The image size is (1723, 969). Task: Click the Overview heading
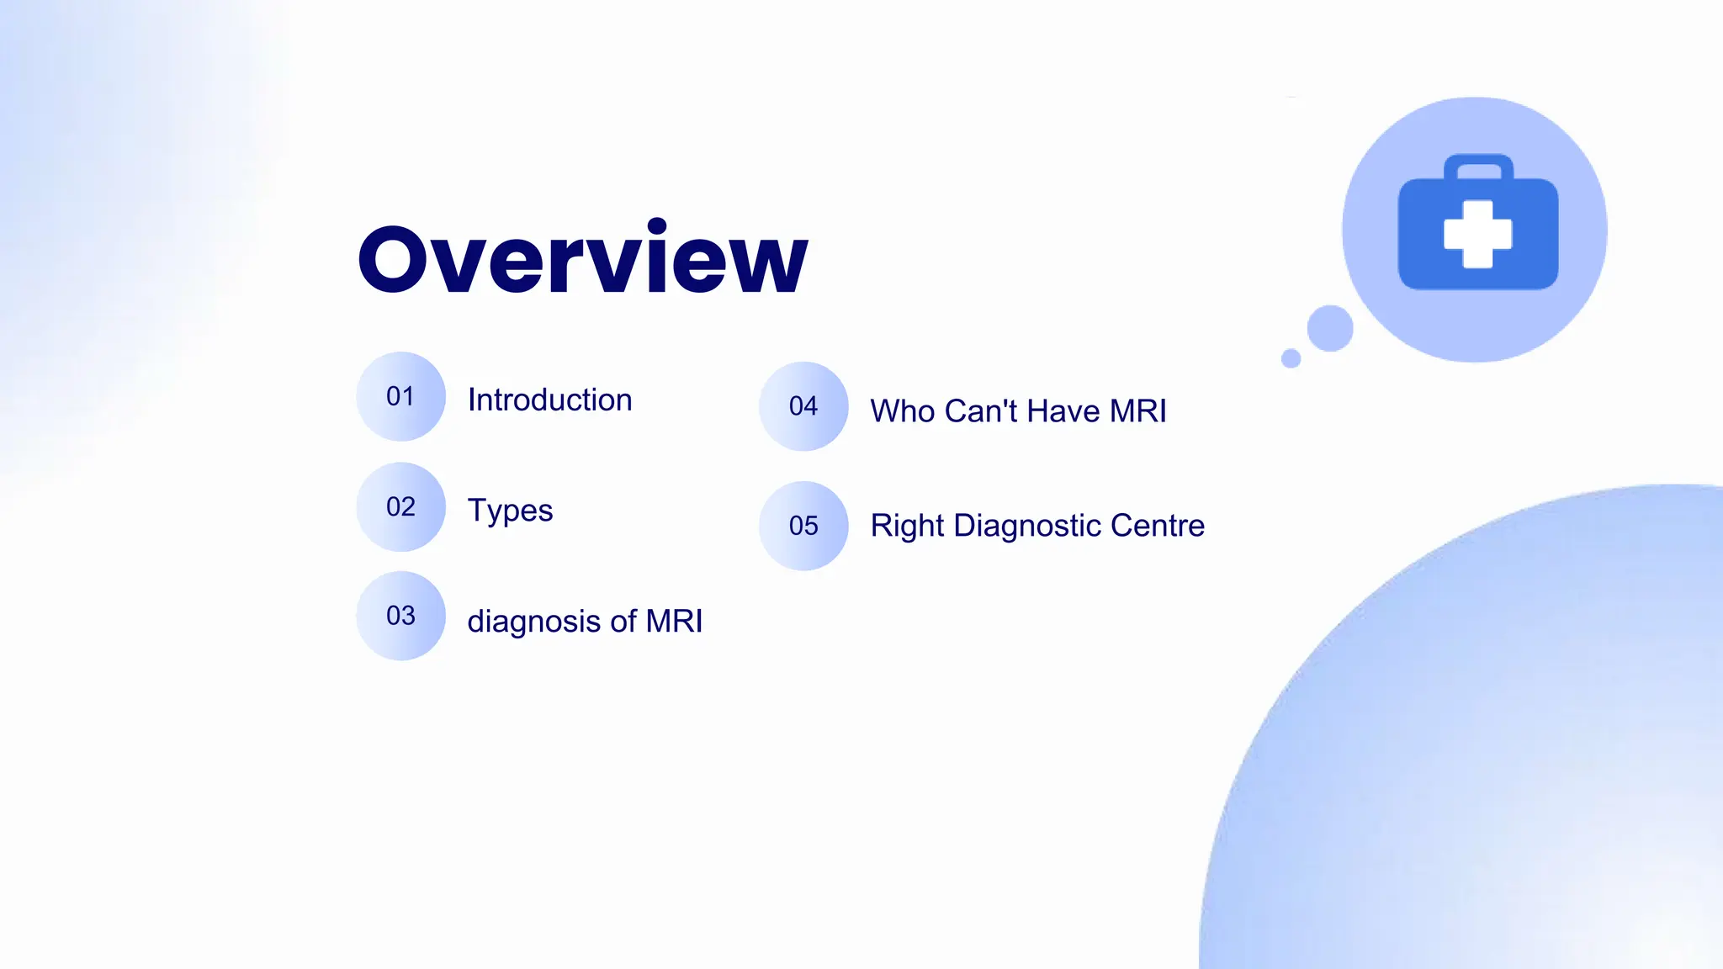coord(582,259)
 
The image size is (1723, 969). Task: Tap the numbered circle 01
coord(400,396)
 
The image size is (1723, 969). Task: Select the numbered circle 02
coord(400,506)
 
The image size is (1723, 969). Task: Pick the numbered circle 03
coord(400,616)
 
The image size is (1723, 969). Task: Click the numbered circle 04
coord(803,406)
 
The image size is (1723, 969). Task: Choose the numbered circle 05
coord(803,526)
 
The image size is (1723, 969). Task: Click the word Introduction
coord(549,400)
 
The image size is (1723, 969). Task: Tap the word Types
coord(510,511)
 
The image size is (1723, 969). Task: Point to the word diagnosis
coord(533,622)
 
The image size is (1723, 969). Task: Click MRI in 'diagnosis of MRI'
coord(674,621)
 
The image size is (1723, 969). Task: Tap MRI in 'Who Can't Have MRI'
coord(1137,411)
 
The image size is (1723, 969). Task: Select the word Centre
coord(1158,526)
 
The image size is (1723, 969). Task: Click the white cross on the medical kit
coord(1477,234)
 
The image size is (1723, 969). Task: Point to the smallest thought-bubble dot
coord(1291,358)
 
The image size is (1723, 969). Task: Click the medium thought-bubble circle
coord(1330,328)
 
